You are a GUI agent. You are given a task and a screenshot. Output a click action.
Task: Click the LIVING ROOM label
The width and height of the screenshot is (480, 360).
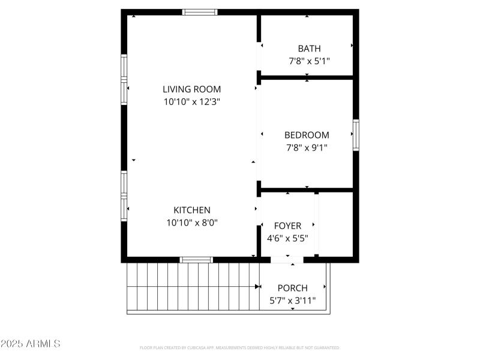[192, 89]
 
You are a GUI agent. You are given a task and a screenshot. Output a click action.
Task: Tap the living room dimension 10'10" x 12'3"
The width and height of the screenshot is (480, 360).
[192, 102]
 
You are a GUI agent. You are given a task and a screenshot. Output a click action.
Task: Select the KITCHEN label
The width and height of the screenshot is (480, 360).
[192, 210]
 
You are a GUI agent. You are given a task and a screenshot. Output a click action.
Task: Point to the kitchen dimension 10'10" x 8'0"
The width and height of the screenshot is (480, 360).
[192, 223]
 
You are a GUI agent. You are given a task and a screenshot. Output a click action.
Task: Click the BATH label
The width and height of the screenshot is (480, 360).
[310, 49]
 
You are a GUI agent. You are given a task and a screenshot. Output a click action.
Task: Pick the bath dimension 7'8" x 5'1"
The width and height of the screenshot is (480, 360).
[310, 61]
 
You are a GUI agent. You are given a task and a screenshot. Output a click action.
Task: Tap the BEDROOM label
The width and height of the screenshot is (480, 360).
[307, 135]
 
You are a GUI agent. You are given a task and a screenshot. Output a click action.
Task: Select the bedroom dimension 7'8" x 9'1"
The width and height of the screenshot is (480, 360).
[307, 147]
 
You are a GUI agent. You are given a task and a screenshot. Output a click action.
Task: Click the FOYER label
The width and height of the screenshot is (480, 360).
[287, 226]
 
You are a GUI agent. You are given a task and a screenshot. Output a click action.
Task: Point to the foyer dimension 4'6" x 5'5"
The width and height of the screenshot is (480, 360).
[287, 238]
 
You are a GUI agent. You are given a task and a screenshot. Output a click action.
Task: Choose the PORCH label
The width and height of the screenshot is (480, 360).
[292, 288]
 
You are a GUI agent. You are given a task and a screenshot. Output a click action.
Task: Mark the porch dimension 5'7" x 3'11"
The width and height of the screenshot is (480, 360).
[292, 301]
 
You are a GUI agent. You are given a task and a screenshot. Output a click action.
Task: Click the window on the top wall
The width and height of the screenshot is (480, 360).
[200, 12]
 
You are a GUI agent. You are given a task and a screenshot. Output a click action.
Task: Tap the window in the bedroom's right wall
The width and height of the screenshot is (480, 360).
[356, 135]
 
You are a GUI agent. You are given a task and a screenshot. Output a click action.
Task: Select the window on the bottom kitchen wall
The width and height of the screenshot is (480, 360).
[196, 260]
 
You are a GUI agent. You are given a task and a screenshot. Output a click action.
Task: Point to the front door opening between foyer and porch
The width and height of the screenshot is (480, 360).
[287, 260]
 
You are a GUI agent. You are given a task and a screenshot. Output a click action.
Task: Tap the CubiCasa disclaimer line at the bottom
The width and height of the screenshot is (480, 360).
[240, 347]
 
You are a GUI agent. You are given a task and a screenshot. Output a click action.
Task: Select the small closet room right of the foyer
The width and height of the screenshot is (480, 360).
[335, 226]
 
